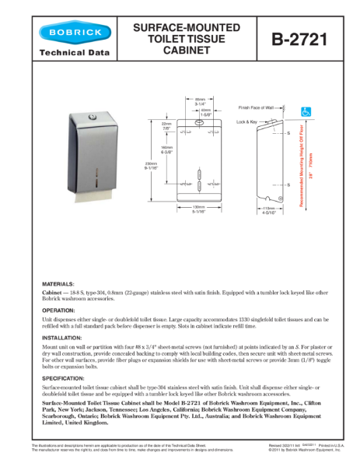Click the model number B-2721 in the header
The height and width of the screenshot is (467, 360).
(x=296, y=38)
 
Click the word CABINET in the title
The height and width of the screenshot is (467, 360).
(x=186, y=51)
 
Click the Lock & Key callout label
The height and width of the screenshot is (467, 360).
(x=247, y=122)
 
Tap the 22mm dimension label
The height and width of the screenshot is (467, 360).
(x=166, y=126)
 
